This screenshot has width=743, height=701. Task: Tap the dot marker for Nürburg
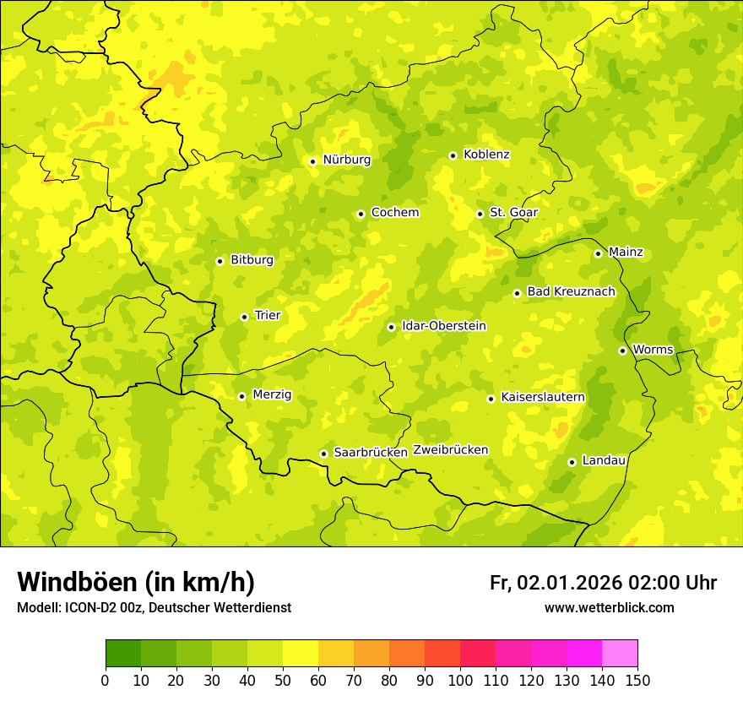[312, 161]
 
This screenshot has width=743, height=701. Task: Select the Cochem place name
[394, 213]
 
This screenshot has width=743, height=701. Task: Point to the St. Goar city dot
[480, 214]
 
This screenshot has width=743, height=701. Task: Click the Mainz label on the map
[626, 253]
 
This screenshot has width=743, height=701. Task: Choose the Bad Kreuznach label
[571, 292]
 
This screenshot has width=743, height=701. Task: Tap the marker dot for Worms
[622, 350]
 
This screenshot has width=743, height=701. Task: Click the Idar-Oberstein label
[444, 326]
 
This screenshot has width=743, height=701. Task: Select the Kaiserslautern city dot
[491, 399]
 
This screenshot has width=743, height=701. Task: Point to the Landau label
[604, 461]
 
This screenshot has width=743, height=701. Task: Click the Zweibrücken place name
[451, 450]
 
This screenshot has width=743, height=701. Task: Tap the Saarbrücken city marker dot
[323, 454]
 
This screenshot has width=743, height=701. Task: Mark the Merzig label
[272, 394]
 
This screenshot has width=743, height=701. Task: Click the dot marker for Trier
[244, 317]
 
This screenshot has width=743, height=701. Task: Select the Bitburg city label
[252, 260]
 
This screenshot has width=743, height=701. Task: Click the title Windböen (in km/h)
[136, 582]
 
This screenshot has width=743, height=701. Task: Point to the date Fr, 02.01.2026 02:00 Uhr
[603, 583]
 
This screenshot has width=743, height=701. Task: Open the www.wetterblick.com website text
[609, 608]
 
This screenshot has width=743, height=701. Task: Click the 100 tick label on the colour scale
[460, 681]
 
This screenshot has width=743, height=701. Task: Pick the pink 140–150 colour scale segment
[620, 654]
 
